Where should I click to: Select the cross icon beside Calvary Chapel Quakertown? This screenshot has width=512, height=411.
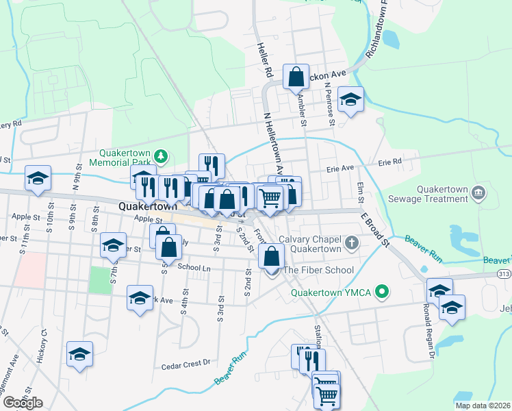[x=351, y=243]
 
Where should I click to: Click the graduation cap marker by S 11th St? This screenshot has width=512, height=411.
[x=38, y=178]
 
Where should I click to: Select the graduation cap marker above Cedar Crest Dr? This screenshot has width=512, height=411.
[x=80, y=353]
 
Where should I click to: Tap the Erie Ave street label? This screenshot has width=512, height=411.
[x=340, y=168]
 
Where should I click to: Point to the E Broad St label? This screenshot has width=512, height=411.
[x=375, y=229]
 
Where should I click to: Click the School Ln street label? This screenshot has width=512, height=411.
[x=193, y=267]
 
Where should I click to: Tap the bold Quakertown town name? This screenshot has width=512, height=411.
[x=145, y=206]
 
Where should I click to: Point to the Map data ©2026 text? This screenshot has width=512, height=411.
[x=483, y=406]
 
